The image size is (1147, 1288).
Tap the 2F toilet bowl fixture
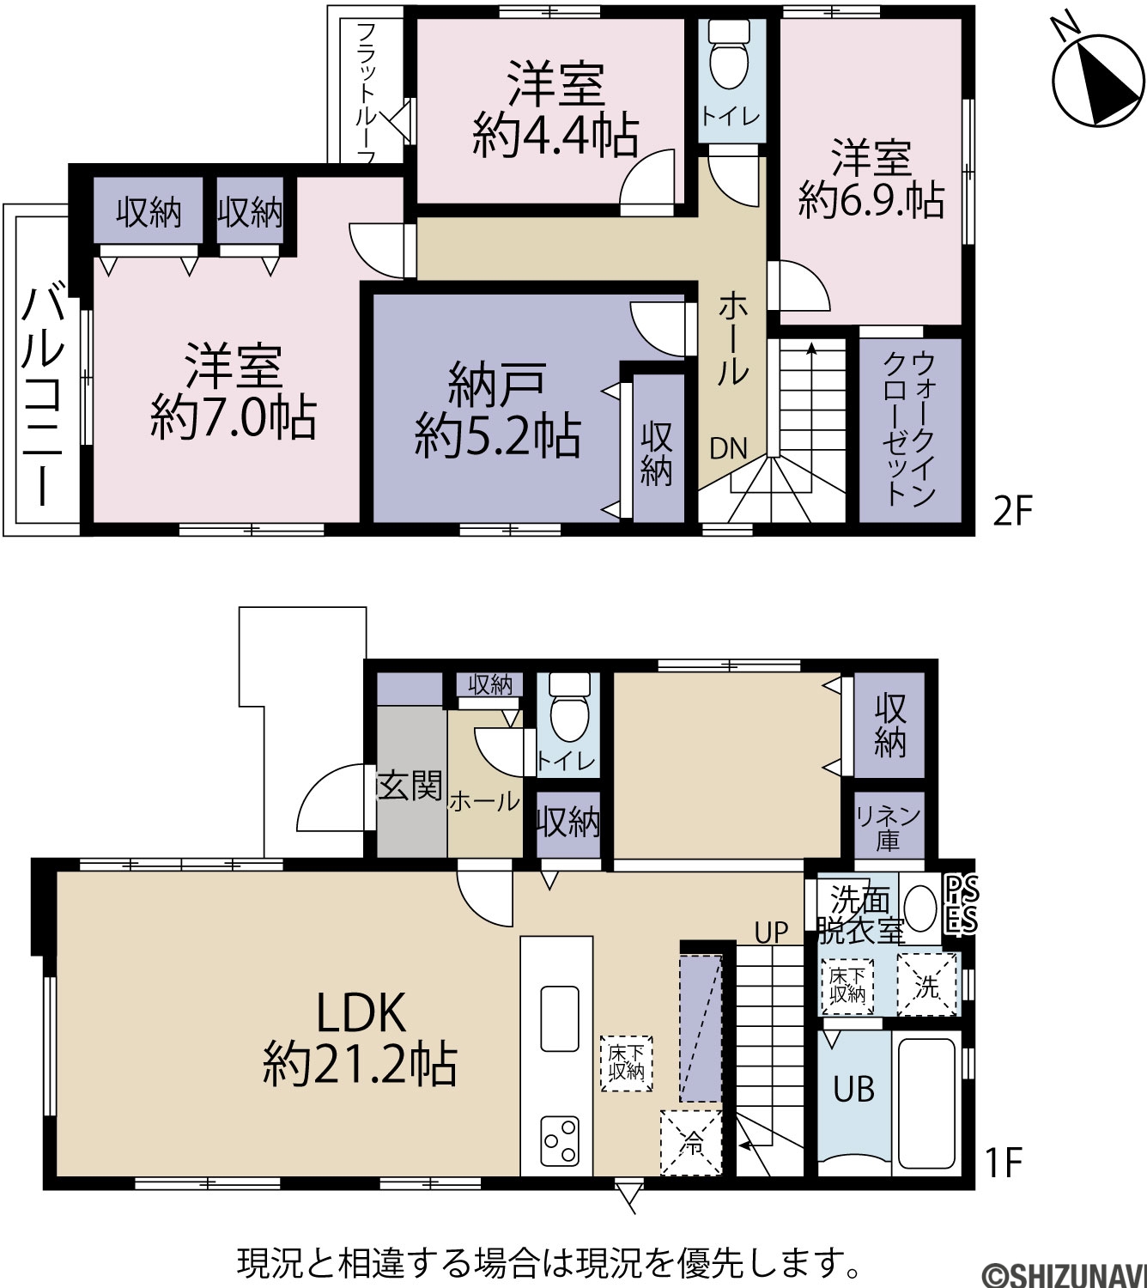tap(729, 53)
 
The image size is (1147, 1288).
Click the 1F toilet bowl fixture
tap(570, 707)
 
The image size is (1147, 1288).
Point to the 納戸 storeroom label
tap(496, 386)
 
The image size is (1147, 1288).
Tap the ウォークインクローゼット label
tap(909, 429)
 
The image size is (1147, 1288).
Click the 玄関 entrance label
tap(410, 786)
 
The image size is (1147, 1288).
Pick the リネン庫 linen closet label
tap(889, 829)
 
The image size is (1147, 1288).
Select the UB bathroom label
tap(854, 1090)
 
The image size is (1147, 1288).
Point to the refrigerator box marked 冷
tap(691, 1142)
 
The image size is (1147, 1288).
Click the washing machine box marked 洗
tap(927, 985)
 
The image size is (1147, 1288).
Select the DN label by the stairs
tap(728, 449)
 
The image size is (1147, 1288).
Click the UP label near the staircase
tap(771, 933)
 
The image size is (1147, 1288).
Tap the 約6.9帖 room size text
tap(871, 200)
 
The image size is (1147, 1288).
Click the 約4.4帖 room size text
tap(555, 135)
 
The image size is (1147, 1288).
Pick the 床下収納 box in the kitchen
tap(626, 1064)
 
